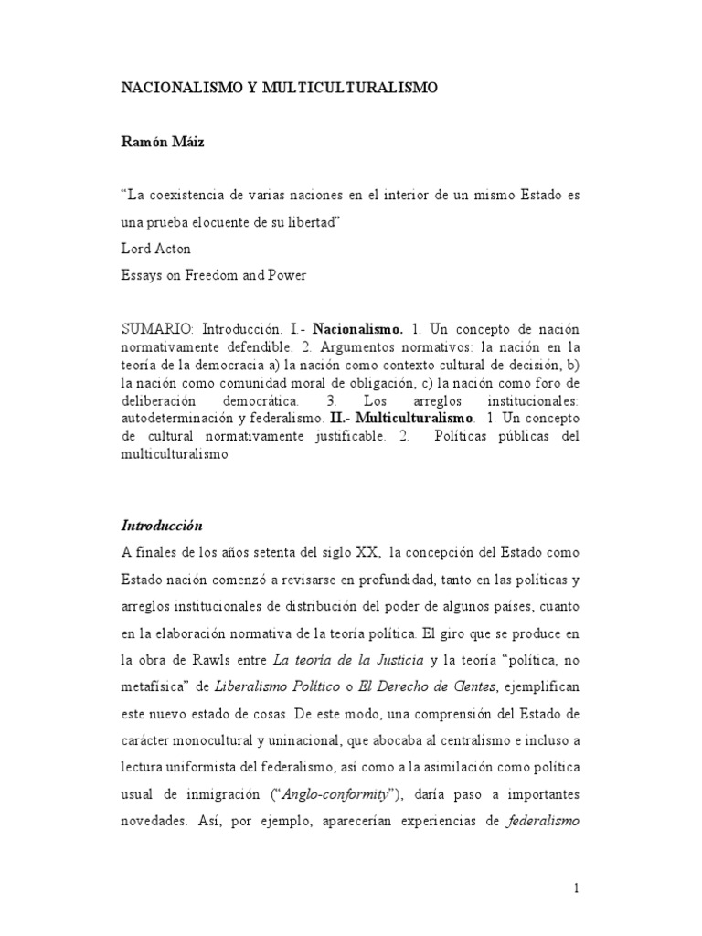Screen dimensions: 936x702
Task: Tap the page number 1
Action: [x=576, y=888]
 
